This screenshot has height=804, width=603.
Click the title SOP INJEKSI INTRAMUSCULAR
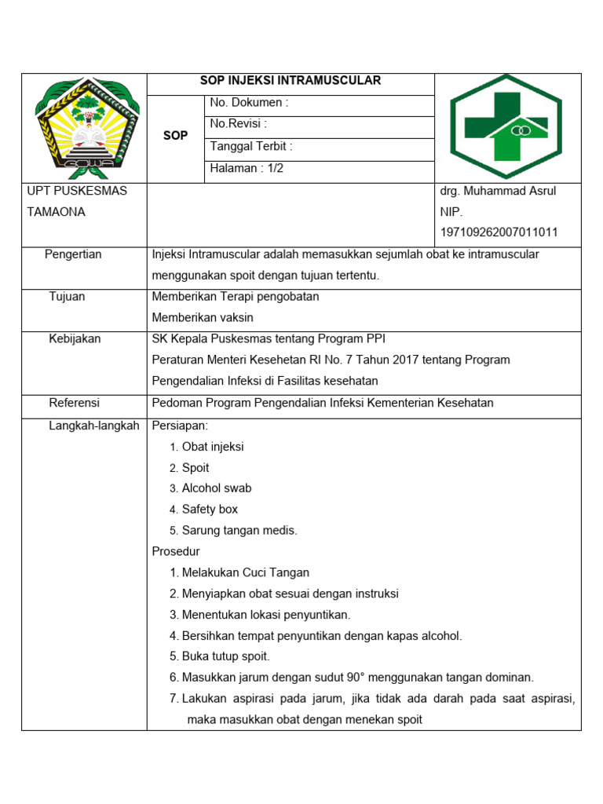click(291, 81)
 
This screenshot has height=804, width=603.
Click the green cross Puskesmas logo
click(506, 128)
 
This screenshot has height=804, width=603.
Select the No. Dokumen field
click(249, 103)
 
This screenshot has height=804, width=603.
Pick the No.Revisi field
click(238, 124)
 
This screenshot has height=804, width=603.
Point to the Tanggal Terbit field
click(251, 146)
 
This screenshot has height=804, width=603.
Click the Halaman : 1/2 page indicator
click(247, 168)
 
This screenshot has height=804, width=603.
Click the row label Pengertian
click(73, 254)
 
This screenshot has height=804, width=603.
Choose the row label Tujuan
click(67, 297)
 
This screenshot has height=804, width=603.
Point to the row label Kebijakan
click(75, 339)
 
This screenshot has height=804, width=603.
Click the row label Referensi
click(74, 403)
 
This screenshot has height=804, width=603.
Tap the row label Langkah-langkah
click(93, 425)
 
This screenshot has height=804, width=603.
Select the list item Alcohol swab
click(217, 488)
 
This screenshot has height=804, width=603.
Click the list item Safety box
click(210, 510)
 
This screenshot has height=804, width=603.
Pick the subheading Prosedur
click(176, 551)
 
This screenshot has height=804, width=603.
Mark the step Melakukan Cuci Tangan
click(246, 573)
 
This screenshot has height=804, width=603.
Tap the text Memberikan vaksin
click(203, 318)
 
